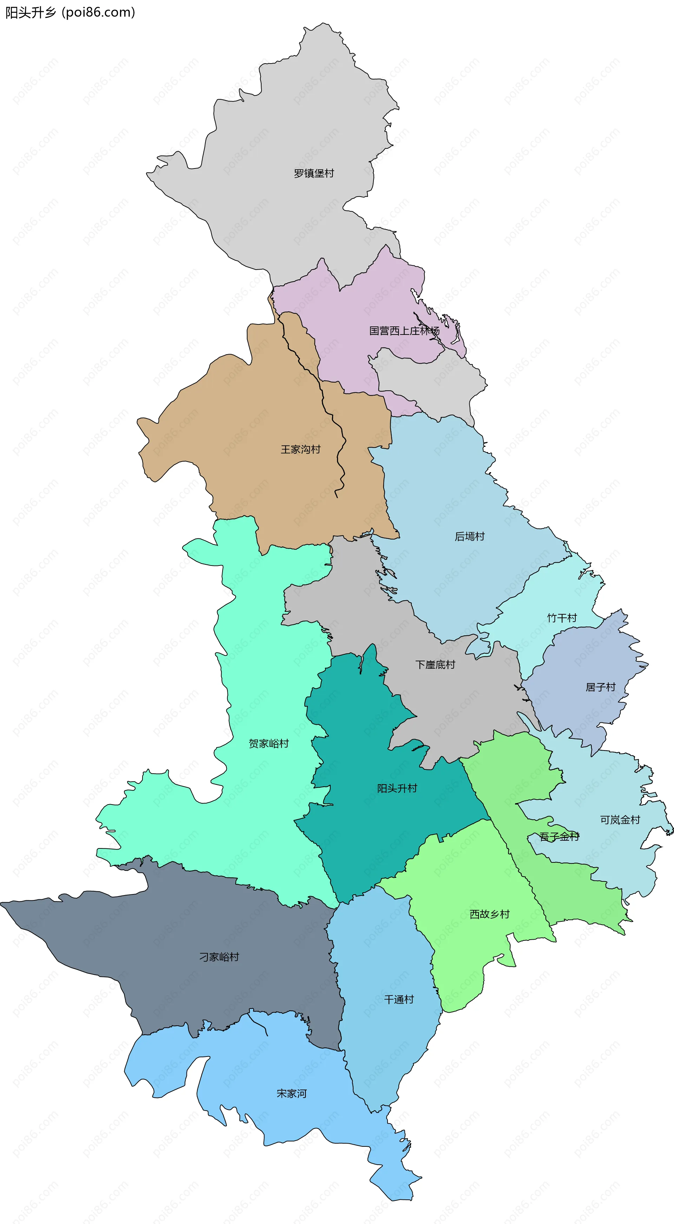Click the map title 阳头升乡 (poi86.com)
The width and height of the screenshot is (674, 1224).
[70, 12]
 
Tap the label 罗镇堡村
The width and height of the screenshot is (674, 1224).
[314, 173]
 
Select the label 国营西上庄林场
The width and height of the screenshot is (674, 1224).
[404, 331]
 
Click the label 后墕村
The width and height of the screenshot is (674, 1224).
[470, 536]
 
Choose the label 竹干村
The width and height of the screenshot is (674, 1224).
[562, 618]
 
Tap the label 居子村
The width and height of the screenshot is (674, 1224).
[600, 687]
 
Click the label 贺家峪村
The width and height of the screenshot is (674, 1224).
[269, 743]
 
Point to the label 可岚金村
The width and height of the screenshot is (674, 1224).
[620, 820]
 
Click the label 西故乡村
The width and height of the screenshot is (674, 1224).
[490, 914]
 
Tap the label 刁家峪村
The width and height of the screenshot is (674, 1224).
[219, 957]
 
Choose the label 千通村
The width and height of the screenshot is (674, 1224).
[399, 1000]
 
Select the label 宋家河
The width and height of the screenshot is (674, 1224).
[291, 1093]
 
